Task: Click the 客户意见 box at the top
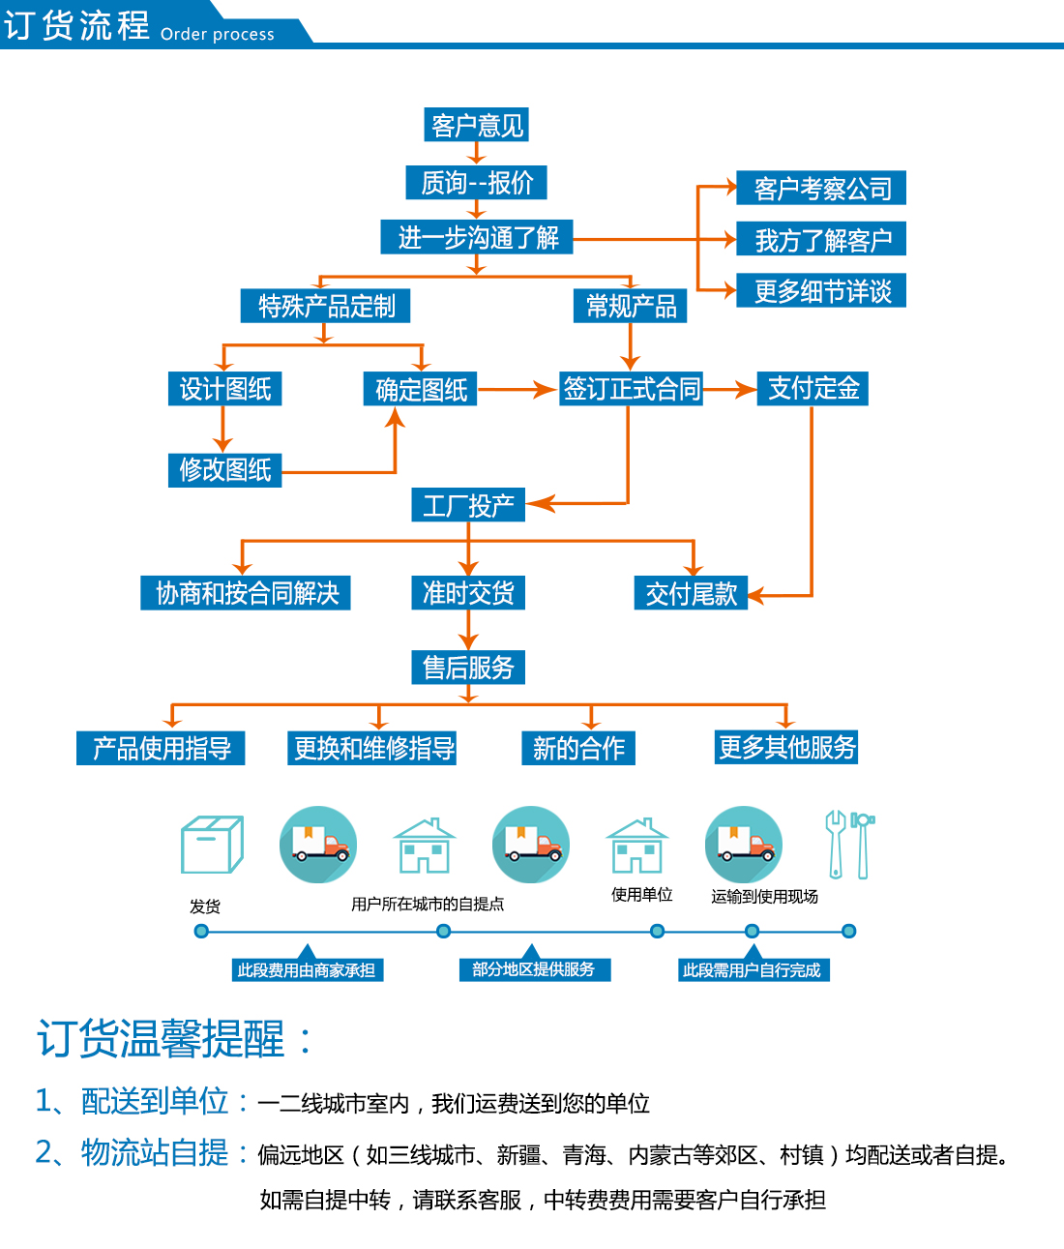[477, 125]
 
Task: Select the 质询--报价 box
[477, 182]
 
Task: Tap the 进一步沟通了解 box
[477, 237]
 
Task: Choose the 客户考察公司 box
[821, 188]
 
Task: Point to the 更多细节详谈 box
[821, 290]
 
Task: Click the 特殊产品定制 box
[326, 306]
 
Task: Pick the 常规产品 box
[630, 306]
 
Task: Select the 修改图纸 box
[224, 469]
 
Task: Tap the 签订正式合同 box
[631, 389]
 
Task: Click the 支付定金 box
[813, 388]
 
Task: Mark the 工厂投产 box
[468, 505]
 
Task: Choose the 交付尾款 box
[691, 593]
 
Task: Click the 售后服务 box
[468, 667]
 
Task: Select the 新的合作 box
[578, 748]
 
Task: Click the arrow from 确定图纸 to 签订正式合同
[517, 390]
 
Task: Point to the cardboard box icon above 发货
[212, 845]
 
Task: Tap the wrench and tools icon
[849, 845]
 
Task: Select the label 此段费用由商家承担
[307, 969]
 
